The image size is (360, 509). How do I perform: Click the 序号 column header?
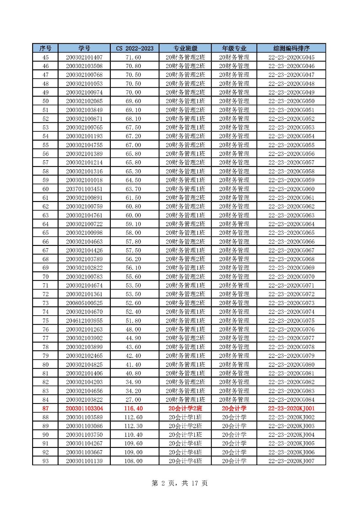(45, 48)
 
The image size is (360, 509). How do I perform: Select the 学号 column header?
(84, 48)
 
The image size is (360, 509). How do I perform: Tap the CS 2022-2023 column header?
(134, 48)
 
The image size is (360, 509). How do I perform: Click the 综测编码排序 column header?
(291, 48)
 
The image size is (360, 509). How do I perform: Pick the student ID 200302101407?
(84, 57)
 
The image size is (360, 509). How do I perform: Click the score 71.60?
(133, 57)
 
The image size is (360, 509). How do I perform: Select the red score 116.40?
(133, 408)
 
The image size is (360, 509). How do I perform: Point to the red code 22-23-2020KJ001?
(291, 408)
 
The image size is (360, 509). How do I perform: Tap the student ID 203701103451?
(84, 189)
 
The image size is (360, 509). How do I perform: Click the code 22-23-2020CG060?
(291, 189)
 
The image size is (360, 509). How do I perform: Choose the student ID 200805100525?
(84, 303)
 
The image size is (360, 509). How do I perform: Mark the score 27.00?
(133, 400)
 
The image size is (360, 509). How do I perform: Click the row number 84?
(46, 400)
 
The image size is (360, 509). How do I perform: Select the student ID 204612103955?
(84, 321)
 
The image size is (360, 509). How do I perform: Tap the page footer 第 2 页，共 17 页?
(180, 483)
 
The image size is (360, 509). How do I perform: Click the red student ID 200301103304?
(84, 408)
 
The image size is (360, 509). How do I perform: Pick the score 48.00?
(133, 329)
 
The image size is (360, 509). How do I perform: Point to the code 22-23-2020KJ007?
(291, 461)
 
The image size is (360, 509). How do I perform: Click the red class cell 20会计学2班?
(185, 408)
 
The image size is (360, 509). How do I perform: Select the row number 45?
(46, 57)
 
